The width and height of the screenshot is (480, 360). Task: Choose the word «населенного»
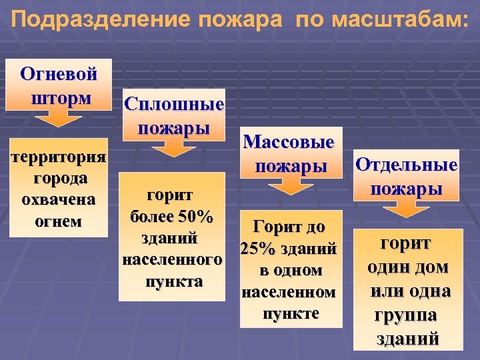pyautogui.click(x=172, y=260)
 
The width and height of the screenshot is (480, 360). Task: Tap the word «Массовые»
pyautogui.click(x=289, y=141)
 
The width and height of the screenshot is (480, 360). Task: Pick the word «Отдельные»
pyautogui.click(x=406, y=165)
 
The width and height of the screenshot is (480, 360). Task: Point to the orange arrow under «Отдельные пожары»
pyautogui.click(x=407, y=208)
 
